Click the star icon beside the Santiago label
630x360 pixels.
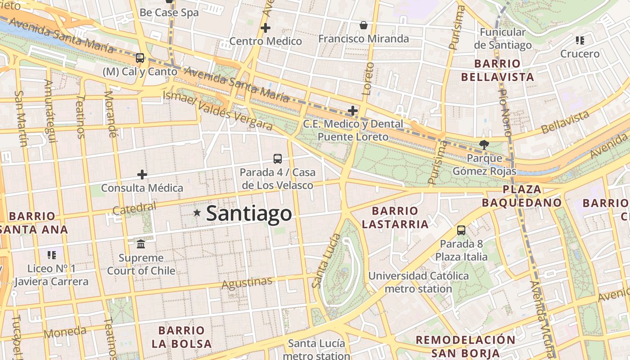pos(197,213)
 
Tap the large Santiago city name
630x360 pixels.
pos(249,213)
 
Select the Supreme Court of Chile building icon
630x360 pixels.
pos(141,244)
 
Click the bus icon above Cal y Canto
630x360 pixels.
pos(140,58)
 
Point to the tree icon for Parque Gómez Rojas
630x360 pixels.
pos(484,144)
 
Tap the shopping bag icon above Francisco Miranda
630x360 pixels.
pos(364,25)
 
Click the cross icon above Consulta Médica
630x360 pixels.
pos(142,175)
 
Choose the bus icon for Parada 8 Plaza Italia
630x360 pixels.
pos(461,230)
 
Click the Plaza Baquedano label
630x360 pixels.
pos(522,196)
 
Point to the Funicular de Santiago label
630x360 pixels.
pos(503,39)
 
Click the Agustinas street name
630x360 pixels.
pos(247,283)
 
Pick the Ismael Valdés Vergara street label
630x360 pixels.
pos(217,110)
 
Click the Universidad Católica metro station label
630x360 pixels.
pos(418,282)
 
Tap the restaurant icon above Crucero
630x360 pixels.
pos(580,40)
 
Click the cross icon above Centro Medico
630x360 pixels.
pos(265,28)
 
